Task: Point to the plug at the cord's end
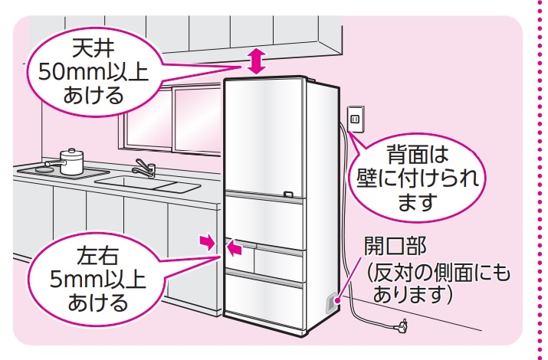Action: [400, 329]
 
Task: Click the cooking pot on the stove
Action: [71, 162]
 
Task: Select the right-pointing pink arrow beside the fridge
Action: [205, 243]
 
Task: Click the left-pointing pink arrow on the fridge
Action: [235, 247]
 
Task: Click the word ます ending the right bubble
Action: [417, 204]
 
